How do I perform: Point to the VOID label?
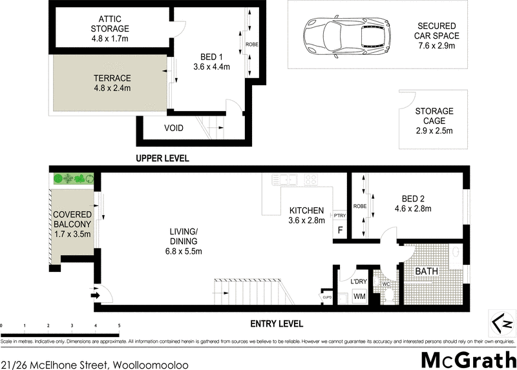pyautogui.click(x=173, y=128)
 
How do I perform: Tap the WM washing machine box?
pyautogui.click(x=359, y=296)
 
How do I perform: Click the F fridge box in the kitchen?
pyautogui.click(x=340, y=230)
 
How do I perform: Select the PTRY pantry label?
pyautogui.click(x=340, y=215)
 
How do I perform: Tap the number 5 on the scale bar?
pyautogui.click(x=119, y=325)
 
